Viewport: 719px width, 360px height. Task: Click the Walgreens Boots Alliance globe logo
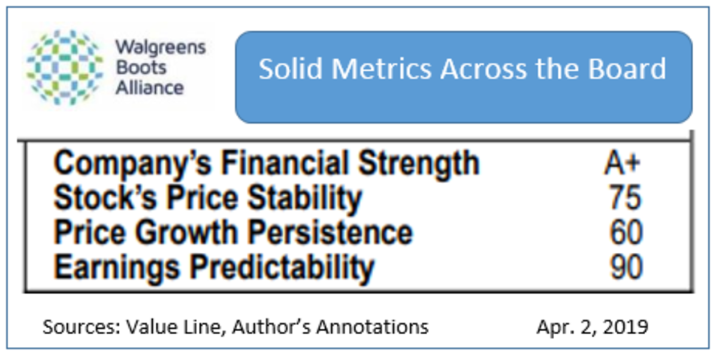65,67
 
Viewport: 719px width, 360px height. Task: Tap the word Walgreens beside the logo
161,48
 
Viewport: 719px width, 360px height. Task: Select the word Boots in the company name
141,68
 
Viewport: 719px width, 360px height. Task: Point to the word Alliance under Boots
150,87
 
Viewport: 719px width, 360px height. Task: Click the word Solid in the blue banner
291,69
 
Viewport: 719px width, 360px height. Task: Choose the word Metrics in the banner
381,69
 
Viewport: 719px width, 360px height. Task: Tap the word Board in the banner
627,69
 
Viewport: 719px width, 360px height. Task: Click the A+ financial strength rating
622,164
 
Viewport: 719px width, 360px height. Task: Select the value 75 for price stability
626,197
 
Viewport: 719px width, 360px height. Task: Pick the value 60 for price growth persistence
626,232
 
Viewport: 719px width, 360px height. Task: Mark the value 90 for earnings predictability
626,267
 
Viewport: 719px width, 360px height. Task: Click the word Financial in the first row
285,163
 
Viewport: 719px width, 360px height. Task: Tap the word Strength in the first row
419,164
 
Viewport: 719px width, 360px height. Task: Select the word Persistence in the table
330,232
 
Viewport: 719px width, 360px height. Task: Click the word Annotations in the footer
372,327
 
